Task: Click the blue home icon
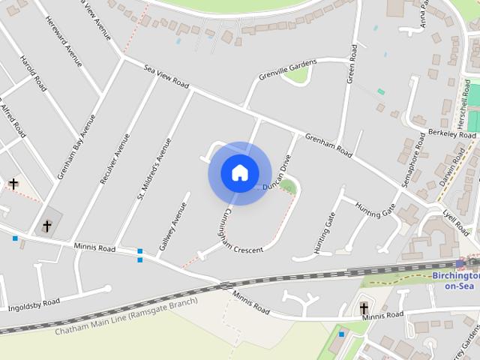coord(239,172)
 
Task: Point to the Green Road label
coord(351,64)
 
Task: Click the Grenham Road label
coord(328,145)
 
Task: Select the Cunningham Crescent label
coord(238,235)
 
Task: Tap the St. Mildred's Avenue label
coord(153,169)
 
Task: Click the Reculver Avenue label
coord(114,159)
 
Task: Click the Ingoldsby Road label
coord(34,304)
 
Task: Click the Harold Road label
coord(34,73)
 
